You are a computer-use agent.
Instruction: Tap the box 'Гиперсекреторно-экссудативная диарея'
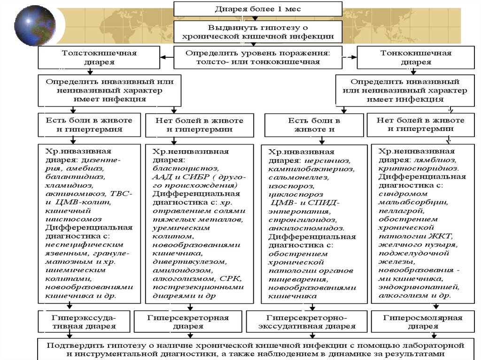[x=308, y=322]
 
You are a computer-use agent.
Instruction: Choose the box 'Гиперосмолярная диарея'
[x=423, y=322]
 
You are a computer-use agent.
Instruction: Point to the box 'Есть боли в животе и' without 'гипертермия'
[x=314, y=125]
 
